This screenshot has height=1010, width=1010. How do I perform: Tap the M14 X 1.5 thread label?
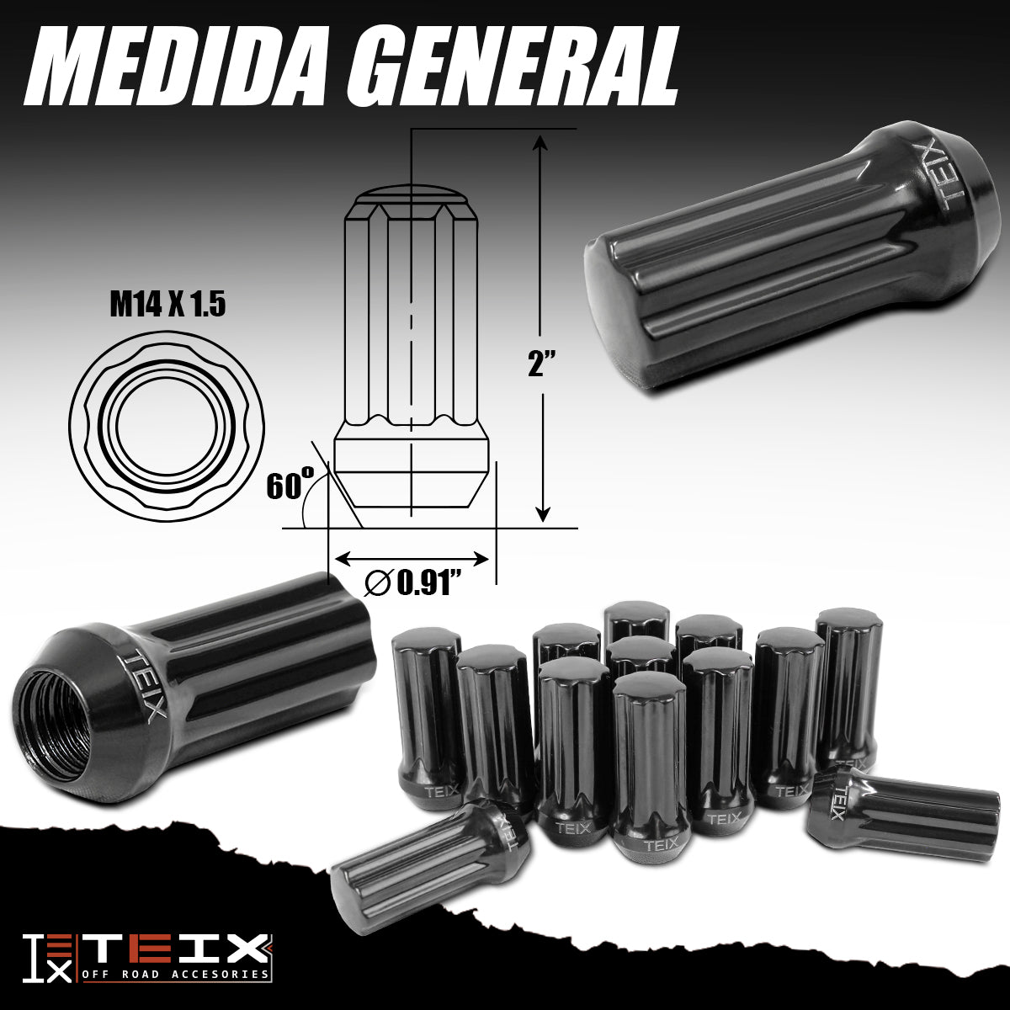(167, 305)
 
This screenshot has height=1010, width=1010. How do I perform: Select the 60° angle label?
(288, 485)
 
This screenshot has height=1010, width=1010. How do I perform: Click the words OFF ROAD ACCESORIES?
(177, 975)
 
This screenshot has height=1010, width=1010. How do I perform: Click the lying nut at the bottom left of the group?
(429, 863)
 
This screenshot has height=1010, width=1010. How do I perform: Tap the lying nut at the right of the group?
(905, 813)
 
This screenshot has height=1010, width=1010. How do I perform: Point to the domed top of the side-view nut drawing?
(411, 195)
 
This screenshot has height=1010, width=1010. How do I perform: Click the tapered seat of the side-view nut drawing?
(411, 484)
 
